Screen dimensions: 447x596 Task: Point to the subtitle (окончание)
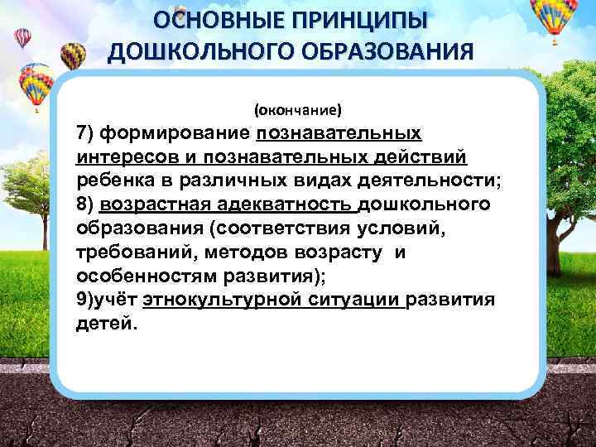point(297,109)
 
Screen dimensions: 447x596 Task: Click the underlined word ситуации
point(355,299)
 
